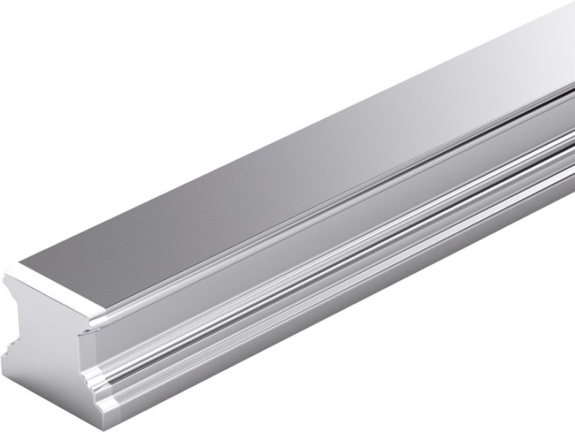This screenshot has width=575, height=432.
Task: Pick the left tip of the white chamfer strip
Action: click(7, 272)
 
